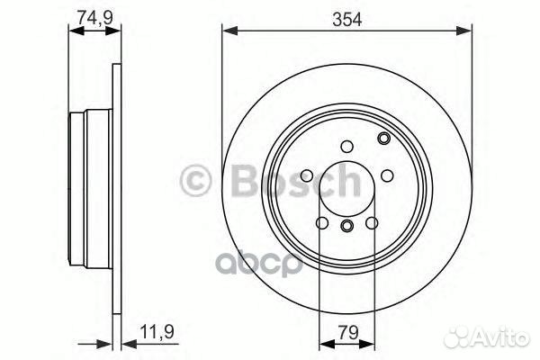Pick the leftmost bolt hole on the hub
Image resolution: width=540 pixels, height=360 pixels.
[x=306, y=175]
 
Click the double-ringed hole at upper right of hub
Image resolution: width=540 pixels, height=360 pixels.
[x=384, y=138]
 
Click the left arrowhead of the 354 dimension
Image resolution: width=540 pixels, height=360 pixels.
[x=228, y=32]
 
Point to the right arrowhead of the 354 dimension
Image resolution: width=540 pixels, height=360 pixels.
[x=467, y=32]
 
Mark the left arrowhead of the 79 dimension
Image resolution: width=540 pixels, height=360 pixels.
[x=323, y=344]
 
